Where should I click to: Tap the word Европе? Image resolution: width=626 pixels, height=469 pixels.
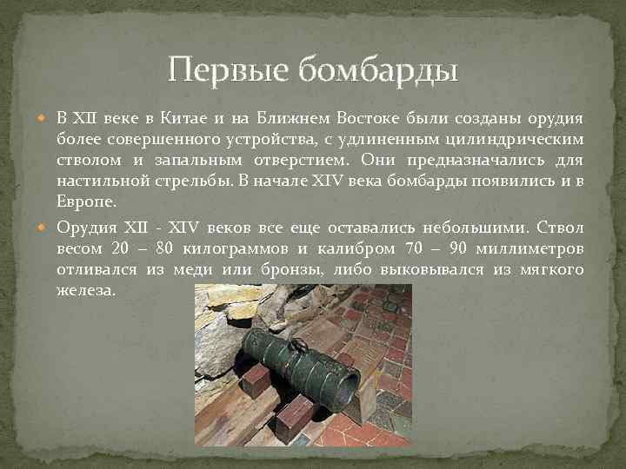point(83,201)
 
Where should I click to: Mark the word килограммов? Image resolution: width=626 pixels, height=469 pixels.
point(221,249)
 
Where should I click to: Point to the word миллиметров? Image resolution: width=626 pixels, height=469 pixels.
point(534,249)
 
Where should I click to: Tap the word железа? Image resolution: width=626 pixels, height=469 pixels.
point(85,291)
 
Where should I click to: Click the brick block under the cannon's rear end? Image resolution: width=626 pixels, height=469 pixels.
point(258,380)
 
